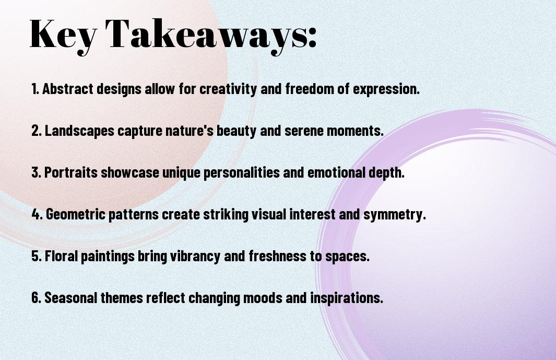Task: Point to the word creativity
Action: (228, 89)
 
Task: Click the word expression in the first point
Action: (386, 89)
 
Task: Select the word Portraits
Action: (71, 172)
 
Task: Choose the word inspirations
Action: (347, 298)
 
